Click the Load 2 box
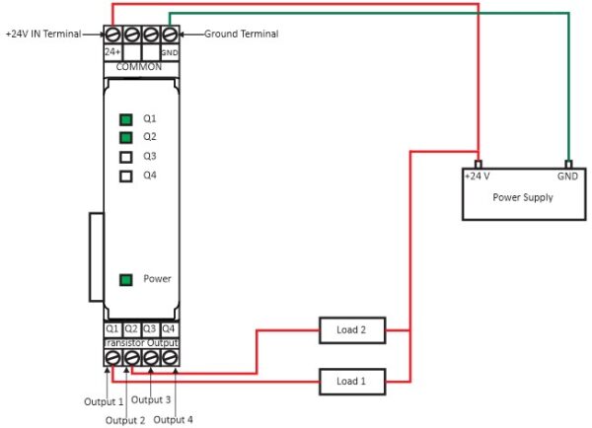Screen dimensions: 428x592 (x=351, y=329)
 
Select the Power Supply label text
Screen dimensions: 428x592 (x=523, y=197)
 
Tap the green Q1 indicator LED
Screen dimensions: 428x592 (x=125, y=118)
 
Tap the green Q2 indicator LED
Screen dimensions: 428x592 (x=125, y=137)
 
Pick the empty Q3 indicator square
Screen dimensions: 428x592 (x=125, y=157)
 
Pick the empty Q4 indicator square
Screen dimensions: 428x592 (x=125, y=177)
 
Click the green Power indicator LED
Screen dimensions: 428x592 (x=125, y=279)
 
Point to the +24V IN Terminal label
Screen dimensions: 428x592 (x=47, y=34)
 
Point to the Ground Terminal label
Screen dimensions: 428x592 (x=241, y=34)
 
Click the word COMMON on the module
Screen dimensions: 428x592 (x=139, y=66)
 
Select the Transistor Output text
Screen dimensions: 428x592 (x=139, y=341)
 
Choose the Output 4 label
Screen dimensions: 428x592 (x=174, y=420)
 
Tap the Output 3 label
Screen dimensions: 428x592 (x=151, y=400)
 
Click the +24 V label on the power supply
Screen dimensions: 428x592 (x=478, y=177)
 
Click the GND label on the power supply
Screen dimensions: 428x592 (x=567, y=177)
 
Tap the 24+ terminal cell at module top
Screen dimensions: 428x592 (x=111, y=51)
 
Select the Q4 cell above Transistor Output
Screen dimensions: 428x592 (x=169, y=328)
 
